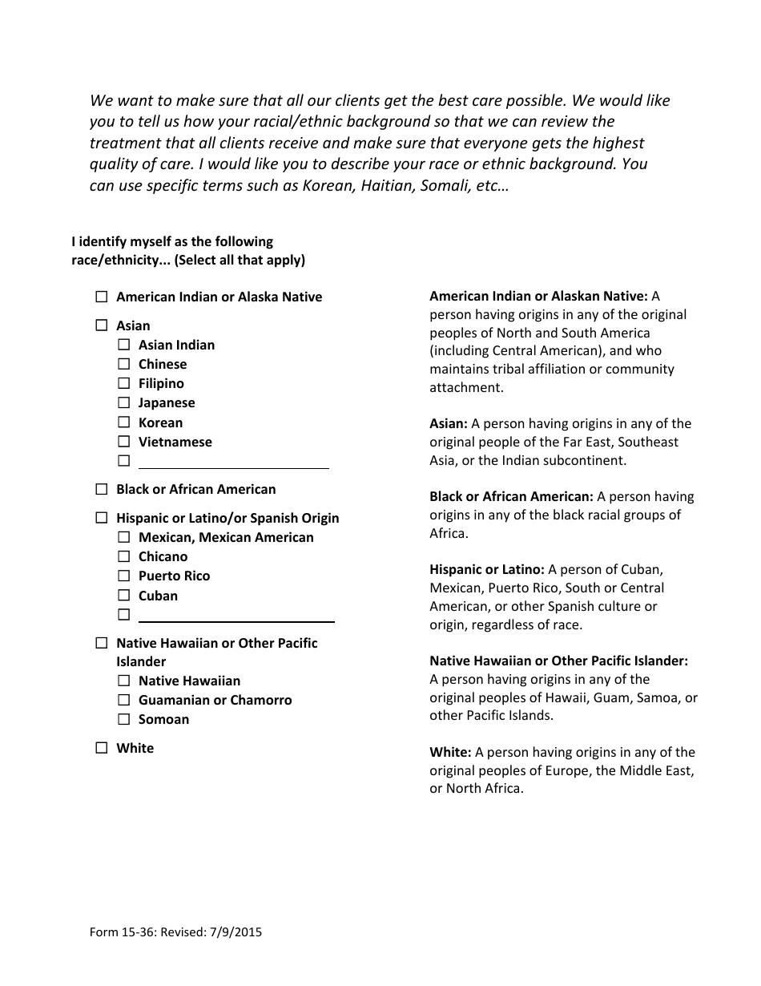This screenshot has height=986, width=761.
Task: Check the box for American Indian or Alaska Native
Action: (102, 297)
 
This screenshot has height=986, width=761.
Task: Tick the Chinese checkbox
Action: (124, 364)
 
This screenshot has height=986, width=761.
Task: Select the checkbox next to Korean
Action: (124, 422)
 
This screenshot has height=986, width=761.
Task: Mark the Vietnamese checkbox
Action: (124, 442)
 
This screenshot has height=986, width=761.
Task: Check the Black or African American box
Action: (102, 489)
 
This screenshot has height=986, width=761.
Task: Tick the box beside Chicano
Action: (124, 556)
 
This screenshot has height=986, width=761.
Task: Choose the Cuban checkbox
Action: (124, 596)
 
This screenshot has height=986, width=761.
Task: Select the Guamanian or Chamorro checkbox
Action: (124, 700)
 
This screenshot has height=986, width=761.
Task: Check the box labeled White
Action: (102, 748)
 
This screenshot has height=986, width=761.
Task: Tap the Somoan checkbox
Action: (124, 719)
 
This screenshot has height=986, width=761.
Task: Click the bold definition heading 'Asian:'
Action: (448, 424)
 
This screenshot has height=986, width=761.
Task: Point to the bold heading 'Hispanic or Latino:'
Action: (486, 570)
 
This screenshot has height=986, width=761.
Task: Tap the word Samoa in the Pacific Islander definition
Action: (655, 697)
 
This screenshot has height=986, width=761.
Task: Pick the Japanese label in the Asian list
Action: (167, 403)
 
